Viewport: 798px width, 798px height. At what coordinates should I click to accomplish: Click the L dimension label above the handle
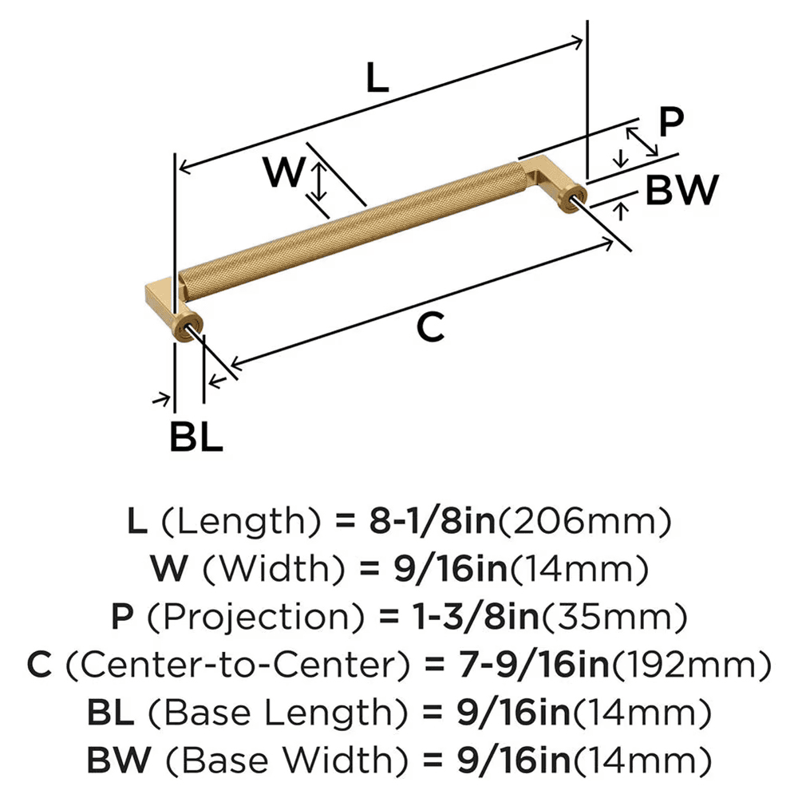pyautogui.click(x=377, y=78)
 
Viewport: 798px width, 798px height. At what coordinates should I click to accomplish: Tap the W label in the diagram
pyautogui.click(x=284, y=172)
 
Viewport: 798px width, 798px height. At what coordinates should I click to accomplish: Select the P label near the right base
pyautogui.click(x=672, y=121)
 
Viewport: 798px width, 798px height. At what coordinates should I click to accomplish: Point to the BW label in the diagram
pyautogui.click(x=681, y=190)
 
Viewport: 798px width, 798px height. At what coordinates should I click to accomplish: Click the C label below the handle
pyautogui.click(x=431, y=327)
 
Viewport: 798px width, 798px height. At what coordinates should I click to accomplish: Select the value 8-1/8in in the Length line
pyautogui.click(x=430, y=523)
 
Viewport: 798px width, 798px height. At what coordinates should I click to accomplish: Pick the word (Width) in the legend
pyautogui.click(x=264, y=570)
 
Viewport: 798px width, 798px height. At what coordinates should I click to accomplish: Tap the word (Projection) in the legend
pyautogui.click(x=239, y=617)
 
